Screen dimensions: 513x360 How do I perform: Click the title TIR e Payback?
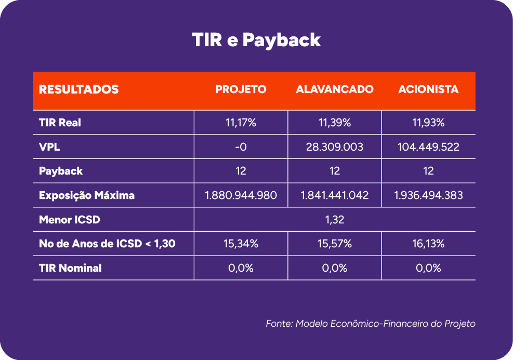[256, 40]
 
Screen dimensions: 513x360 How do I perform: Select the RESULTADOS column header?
[79, 89]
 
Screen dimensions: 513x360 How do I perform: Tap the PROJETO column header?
[241, 89]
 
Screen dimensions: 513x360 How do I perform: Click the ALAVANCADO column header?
[335, 89]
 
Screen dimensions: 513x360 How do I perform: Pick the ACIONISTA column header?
[428, 89]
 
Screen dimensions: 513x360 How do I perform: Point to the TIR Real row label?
[60, 123]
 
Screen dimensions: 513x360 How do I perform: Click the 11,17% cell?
[241, 123]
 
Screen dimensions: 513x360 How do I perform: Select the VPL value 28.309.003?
[335, 147]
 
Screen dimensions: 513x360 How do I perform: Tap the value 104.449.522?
[428, 147]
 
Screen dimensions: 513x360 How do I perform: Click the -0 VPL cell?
[241, 147]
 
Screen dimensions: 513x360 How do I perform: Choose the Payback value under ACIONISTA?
[428, 171]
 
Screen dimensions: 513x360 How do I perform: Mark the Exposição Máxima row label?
[87, 195]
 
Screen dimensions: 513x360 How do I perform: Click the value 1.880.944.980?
[241, 195]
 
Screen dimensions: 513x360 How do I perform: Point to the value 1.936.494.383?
[428, 195]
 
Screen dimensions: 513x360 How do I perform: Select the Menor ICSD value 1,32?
[335, 219]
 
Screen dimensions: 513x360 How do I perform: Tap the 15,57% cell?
[335, 244]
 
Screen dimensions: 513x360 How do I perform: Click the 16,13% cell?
[428, 244]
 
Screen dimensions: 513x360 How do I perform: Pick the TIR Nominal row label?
[70, 268]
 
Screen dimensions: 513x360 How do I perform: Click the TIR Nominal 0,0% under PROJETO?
[241, 268]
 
